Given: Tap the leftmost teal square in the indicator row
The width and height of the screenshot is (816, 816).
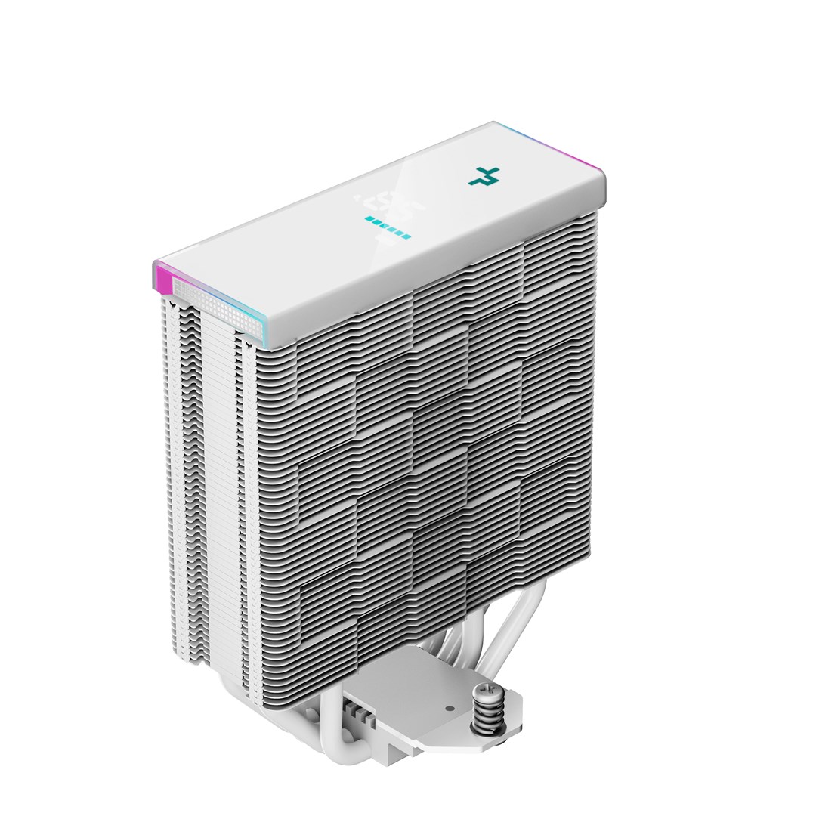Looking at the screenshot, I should click(x=368, y=220).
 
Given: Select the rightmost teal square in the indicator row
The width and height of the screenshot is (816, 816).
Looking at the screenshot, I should click(x=407, y=236).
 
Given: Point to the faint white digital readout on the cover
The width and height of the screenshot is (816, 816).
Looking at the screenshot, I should click(x=381, y=201).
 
